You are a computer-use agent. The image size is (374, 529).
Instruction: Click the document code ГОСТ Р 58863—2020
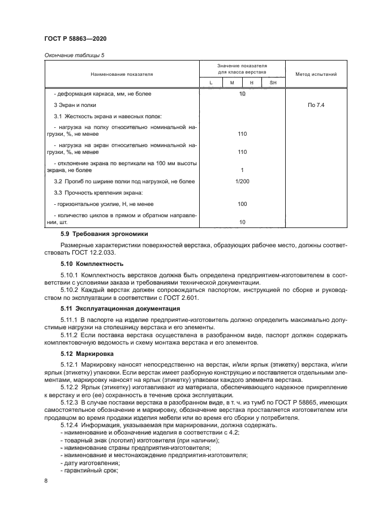point(75,38)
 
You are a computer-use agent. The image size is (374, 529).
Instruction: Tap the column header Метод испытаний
point(316,74)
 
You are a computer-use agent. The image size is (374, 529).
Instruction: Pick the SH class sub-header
point(273,83)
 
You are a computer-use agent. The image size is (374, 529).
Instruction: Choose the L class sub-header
point(210,83)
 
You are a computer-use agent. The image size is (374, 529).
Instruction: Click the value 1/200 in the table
point(242,182)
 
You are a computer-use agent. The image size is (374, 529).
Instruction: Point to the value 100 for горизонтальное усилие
point(242,204)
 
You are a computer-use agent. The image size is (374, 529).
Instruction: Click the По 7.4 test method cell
point(316,105)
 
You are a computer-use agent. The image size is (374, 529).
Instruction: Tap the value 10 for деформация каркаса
point(242,93)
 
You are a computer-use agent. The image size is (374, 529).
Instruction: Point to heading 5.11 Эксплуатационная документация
point(121,309)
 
